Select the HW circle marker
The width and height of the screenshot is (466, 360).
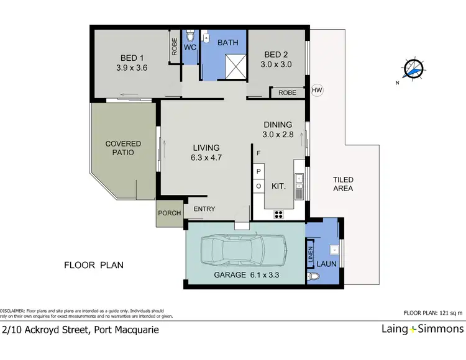click(317, 90)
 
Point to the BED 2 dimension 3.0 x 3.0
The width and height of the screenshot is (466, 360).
click(276, 64)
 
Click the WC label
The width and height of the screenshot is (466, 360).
click(191, 47)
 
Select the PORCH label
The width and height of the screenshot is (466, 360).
click(170, 213)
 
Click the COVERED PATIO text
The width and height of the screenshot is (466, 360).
click(123, 148)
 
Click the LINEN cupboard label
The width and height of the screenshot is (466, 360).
click(310, 255)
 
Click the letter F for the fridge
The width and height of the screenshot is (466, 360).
click(258, 153)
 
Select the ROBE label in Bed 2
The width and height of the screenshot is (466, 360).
click(286, 92)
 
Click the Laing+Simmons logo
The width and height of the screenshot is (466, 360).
click(422, 329)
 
